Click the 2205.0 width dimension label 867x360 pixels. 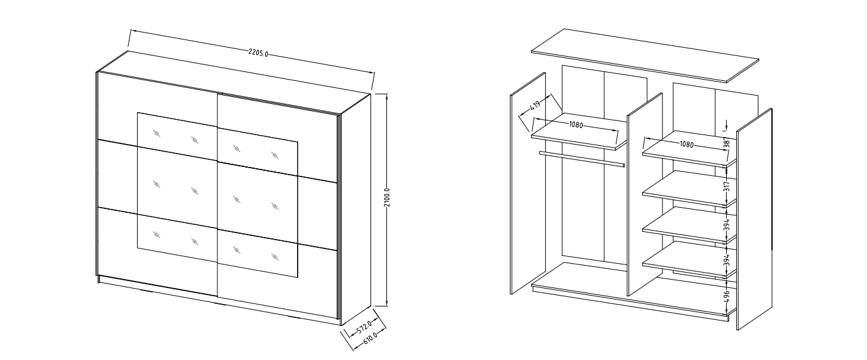pyautogui.click(x=258, y=53)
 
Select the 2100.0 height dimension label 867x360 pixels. pyautogui.click(x=388, y=198)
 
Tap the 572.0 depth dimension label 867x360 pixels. pyautogui.click(x=364, y=326)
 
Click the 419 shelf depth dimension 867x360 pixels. pyautogui.click(x=535, y=104)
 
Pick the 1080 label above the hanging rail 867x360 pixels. pyautogui.click(x=576, y=124)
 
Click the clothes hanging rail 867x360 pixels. pyautogui.click(x=582, y=159)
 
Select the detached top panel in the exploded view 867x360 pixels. pyautogui.click(x=645, y=55)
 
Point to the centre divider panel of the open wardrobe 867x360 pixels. pyautogui.click(x=645, y=194)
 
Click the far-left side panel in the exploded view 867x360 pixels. pyautogui.click(x=528, y=184)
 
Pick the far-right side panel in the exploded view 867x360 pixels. pyautogui.click(x=754, y=219)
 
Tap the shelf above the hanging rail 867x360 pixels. pyautogui.click(x=579, y=131)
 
